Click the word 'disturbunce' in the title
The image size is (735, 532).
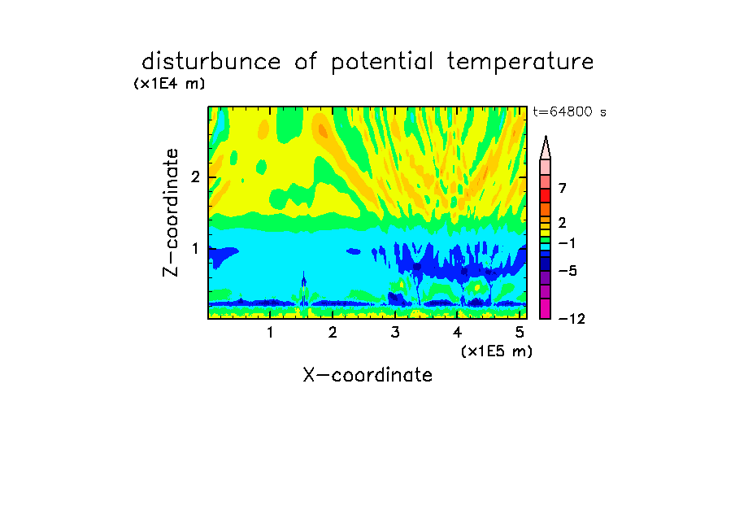[211, 61]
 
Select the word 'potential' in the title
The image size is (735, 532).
[382, 63]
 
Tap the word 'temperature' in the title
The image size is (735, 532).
[520, 63]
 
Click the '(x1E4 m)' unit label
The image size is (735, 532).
[170, 84]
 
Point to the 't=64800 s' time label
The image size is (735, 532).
[569, 111]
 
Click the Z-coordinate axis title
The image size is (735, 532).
[171, 212]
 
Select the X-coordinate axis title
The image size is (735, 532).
[367, 375]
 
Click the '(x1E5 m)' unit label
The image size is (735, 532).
[497, 351]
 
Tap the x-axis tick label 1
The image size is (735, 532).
[270, 333]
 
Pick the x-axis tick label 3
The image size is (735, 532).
[395, 333]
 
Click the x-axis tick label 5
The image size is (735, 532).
[520, 333]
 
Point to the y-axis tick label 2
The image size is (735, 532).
[195, 177]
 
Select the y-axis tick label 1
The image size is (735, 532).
[195, 249]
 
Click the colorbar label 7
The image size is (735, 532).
[563, 189]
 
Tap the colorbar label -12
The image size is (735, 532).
[572, 319]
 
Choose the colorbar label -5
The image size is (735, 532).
[568, 271]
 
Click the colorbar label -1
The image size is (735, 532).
[567, 243]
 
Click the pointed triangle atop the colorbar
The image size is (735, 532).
[546, 147]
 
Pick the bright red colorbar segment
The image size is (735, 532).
[546, 195]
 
